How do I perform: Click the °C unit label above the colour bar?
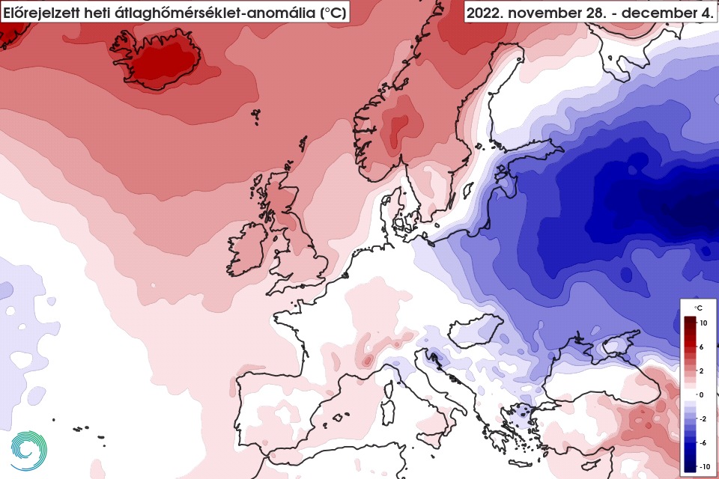[697, 308]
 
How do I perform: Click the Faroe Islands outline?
[256, 115]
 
